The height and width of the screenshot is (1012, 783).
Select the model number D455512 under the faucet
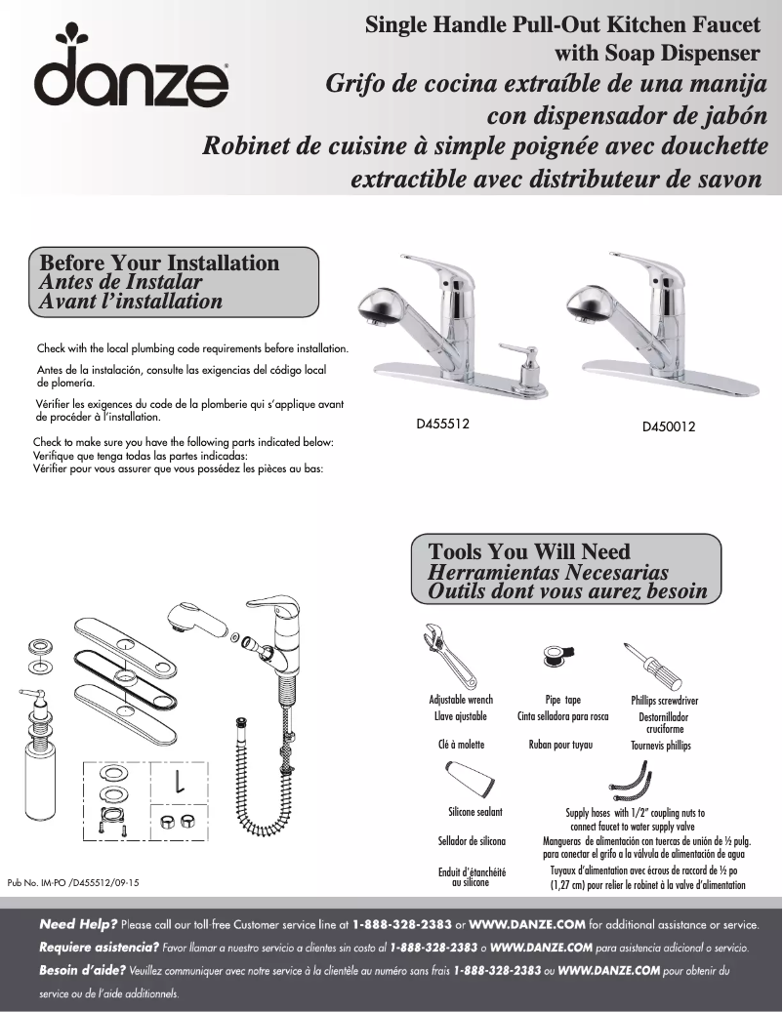pos(443,424)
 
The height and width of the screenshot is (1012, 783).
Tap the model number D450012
pos(669,426)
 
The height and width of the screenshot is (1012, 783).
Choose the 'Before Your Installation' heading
pos(159,263)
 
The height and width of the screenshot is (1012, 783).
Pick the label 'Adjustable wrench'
pos(461,701)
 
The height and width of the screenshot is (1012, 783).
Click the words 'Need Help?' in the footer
pos(78,923)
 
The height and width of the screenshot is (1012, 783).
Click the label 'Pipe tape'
pos(562,701)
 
